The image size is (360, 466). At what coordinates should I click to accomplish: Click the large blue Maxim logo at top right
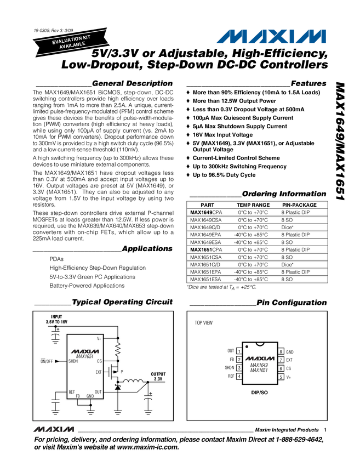coord(271,37)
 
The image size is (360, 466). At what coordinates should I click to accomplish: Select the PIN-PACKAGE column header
coord(299,204)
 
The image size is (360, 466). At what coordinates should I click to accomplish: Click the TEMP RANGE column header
coord(253,204)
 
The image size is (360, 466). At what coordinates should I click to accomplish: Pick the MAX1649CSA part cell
coord(206,219)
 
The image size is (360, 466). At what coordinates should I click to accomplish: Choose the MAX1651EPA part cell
coord(206,272)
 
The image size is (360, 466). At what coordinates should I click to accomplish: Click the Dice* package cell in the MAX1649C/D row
coord(288,227)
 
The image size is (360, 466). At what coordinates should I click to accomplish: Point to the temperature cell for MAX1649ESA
coord(251,242)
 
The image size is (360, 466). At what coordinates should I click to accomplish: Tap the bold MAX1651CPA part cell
coord(206,249)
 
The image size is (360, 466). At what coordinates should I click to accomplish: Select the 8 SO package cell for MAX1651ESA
coord(288,279)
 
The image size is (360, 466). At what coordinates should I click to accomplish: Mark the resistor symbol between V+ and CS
coord(118,349)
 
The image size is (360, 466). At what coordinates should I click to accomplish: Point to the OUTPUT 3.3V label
coord(158,377)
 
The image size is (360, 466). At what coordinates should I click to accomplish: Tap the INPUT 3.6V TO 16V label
coord(57,320)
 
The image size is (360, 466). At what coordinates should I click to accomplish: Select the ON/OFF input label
coord(47,361)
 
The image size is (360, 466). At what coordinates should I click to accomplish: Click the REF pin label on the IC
coord(72,392)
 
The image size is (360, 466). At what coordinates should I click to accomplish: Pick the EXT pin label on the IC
coord(99,372)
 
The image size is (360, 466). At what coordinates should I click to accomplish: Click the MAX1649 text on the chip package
coord(259,365)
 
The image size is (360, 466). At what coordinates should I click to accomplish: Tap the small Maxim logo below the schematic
coord(54,428)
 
